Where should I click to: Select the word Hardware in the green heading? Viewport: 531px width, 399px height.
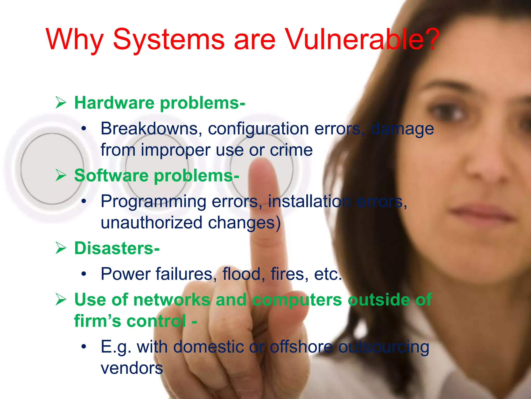click(114, 103)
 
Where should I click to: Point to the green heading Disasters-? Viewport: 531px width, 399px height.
click(117, 248)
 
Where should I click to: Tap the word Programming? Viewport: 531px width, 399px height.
click(153, 202)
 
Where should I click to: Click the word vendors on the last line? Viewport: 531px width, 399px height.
click(132, 368)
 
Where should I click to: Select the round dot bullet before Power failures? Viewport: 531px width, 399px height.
click(83, 274)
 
